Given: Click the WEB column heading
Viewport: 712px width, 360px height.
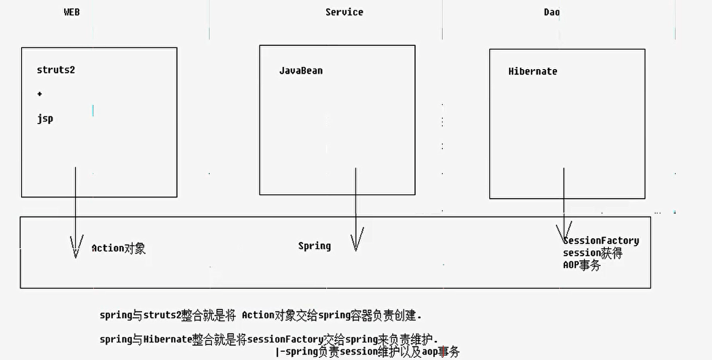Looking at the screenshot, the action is tap(72, 12).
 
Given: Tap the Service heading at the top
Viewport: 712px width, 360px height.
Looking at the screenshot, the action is tap(344, 12).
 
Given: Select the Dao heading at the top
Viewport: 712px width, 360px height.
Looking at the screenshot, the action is tap(551, 12).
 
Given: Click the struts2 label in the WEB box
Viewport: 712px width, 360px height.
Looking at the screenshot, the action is tap(56, 70).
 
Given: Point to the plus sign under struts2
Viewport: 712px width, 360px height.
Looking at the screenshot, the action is tap(39, 94).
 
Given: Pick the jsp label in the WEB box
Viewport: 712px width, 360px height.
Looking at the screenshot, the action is tap(45, 119).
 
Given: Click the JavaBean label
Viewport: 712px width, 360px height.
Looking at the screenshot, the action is tap(301, 71).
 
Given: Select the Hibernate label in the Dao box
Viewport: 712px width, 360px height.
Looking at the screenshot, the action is tap(532, 71).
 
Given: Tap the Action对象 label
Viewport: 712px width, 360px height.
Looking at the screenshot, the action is tap(119, 248).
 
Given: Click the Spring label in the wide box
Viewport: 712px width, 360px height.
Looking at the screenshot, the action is tap(314, 246).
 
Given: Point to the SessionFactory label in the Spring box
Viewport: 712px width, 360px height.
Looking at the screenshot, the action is tap(601, 241).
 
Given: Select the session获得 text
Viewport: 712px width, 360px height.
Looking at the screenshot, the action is tap(592, 253).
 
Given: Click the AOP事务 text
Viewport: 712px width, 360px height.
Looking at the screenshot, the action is tap(581, 265).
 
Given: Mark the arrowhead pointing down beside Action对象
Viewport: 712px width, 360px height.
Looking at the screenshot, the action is tap(76, 247).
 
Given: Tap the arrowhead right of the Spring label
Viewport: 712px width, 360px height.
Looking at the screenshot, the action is tap(355, 241).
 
